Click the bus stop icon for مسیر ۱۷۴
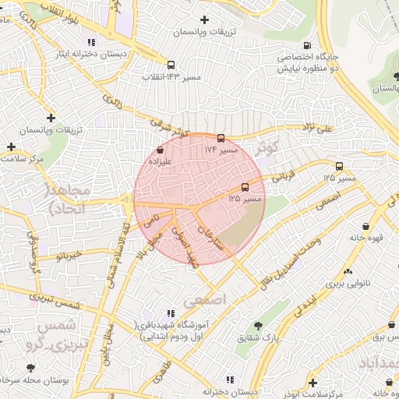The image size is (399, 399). click(x=221, y=138)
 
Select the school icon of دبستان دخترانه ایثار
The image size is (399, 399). click(x=92, y=43)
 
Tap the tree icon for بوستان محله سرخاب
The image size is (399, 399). click(x=30, y=367)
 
